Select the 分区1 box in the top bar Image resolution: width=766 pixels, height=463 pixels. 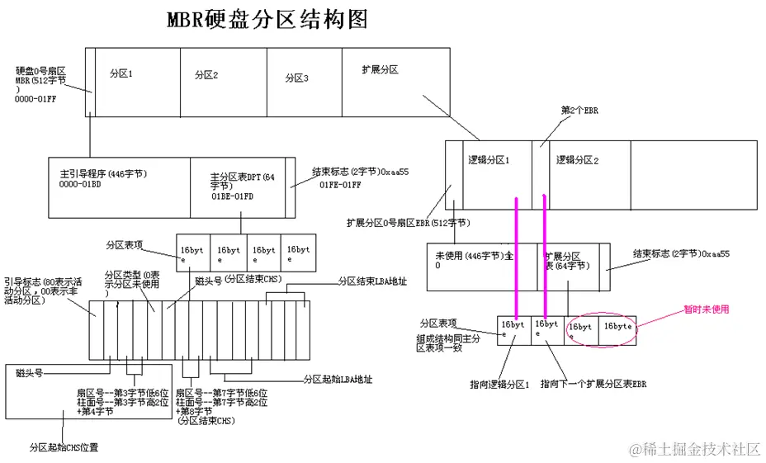click(137, 82)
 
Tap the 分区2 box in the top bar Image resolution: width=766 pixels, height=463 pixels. click(223, 82)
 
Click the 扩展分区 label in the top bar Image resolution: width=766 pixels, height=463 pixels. click(381, 70)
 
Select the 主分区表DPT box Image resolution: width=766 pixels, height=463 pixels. click(240, 186)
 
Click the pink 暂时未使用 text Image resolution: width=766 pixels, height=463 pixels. click(706, 309)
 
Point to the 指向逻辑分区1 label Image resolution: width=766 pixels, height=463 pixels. click(499, 385)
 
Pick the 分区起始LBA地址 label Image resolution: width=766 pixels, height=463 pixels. click(338, 380)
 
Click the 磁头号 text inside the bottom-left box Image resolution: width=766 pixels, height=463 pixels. click(30, 373)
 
